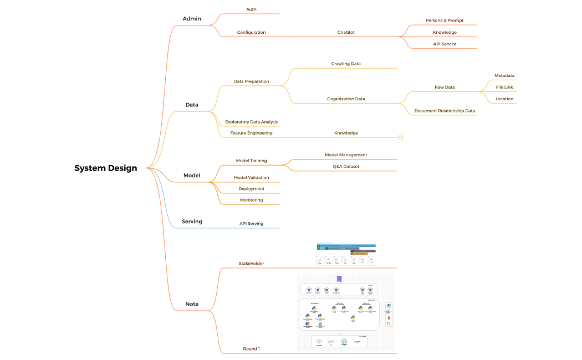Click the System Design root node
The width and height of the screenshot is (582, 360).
105,168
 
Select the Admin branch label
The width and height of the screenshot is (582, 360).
191,19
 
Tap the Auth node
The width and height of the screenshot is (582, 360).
251,9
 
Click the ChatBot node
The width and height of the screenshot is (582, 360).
346,32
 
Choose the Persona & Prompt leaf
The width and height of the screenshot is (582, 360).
445,20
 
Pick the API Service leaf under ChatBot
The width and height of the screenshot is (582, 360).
445,44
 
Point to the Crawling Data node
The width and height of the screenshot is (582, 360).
346,64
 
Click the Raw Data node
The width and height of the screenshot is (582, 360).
445,87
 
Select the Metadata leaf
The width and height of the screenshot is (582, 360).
504,75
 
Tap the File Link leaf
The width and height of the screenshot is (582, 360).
504,87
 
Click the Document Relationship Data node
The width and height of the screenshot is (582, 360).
445,111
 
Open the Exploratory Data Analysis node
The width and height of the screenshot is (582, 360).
251,122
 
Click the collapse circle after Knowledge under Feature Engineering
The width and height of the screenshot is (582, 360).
401,137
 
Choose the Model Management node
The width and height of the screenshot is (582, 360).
346,155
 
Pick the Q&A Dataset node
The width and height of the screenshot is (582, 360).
346,166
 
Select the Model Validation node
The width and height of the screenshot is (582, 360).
251,178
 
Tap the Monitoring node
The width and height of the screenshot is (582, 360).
251,200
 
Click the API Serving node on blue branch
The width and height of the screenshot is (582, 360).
251,224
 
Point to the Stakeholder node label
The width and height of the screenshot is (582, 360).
251,264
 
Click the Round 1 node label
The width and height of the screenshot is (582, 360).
251,349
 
